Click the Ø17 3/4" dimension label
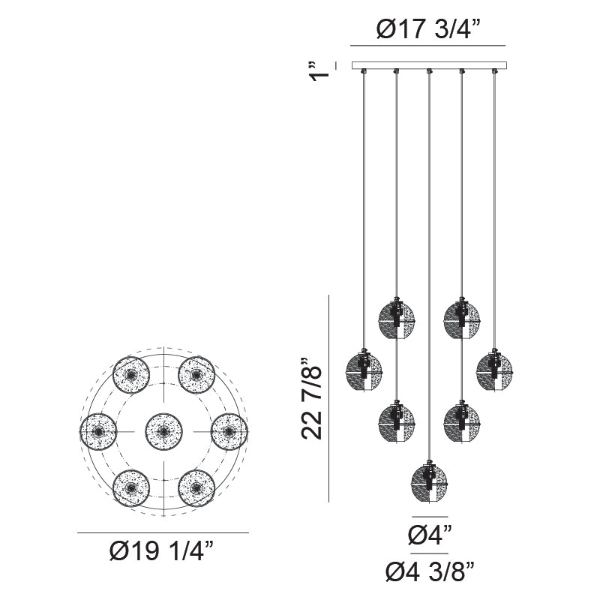point(428,31)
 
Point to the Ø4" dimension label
point(430,536)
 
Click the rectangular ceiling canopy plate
point(429,65)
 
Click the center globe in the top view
point(163,432)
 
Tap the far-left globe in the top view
point(97,432)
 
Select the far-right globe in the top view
point(229,432)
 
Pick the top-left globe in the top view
point(130,374)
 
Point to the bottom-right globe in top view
point(196,488)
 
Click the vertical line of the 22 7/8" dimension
point(330,397)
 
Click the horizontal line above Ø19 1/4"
point(163,533)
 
